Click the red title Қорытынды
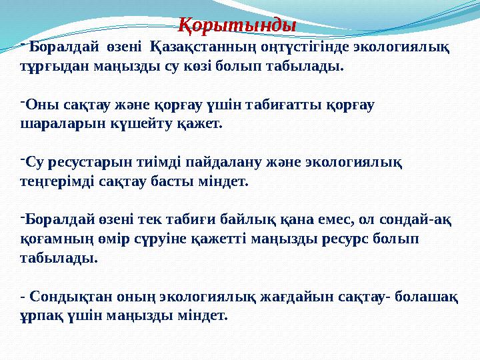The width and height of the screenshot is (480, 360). pyautogui.click(x=238, y=26)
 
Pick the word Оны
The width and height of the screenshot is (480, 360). pyautogui.click(x=37, y=105)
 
